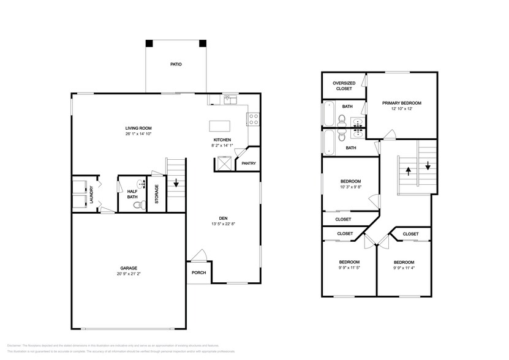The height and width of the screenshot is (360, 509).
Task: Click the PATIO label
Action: coord(175,64)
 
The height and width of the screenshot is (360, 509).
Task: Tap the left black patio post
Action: coord(148,43)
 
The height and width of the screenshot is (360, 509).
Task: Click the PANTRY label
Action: coord(248,163)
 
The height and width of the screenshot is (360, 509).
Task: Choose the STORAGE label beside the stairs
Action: coord(156,194)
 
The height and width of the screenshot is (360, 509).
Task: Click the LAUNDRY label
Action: coord(91,194)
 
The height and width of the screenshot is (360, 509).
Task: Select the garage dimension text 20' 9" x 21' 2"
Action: coord(128,274)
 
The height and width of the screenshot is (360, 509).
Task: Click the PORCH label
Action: coord(198,272)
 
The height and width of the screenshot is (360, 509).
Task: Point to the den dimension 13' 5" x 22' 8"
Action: coord(224,224)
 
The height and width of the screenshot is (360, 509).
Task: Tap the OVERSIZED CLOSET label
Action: coord(344,86)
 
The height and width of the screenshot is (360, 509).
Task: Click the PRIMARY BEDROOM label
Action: coord(401,103)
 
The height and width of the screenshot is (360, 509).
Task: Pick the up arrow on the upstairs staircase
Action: coord(408,171)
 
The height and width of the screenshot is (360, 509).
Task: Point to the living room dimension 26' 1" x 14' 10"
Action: coord(138,133)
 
